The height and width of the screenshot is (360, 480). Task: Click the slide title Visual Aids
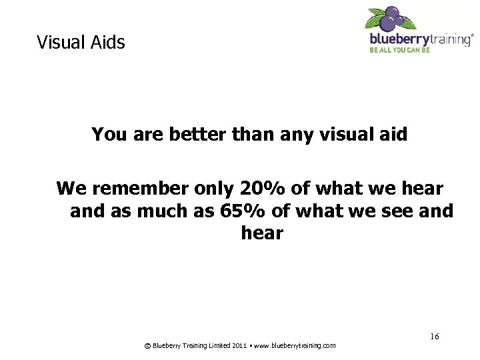click(81, 43)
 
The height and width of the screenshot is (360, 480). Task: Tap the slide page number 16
click(434, 337)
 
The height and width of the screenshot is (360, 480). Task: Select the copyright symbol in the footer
click(147, 345)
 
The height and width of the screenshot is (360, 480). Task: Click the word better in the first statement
click(199, 135)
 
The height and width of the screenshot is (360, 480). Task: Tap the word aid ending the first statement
click(393, 135)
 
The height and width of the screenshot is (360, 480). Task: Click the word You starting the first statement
click(108, 135)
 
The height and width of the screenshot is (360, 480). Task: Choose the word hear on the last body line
click(262, 233)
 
